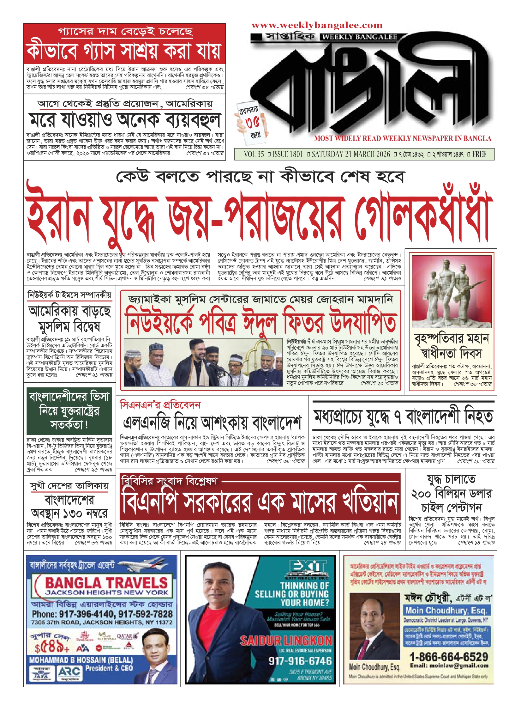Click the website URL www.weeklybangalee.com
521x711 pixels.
tap(317, 25)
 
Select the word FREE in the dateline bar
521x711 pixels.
tap(479, 154)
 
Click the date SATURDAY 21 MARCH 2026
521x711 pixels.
tap(351, 154)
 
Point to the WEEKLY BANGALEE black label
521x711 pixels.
tap(359, 37)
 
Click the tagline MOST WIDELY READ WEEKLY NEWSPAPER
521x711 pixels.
tap(403, 138)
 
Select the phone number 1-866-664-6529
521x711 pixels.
tap(449, 657)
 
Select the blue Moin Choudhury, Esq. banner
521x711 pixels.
tap(446, 610)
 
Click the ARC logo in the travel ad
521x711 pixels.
tap(69, 672)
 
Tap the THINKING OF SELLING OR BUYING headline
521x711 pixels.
tap(292, 594)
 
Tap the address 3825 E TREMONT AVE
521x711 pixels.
tap(310, 672)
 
